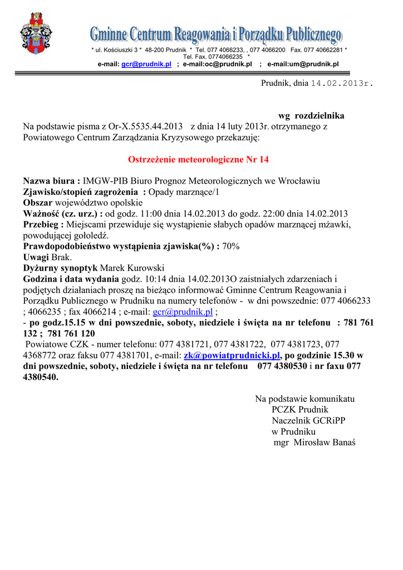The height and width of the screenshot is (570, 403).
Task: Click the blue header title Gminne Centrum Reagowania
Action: tap(215, 36)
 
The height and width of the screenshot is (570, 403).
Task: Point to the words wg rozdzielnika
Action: tap(311, 116)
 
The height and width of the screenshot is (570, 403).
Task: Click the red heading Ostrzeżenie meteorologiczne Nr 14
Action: tap(199, 160)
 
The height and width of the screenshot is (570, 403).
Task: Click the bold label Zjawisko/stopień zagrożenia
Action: tap(84, 192)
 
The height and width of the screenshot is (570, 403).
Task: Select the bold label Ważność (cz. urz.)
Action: tap(62, 214)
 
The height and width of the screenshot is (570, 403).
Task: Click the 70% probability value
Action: tap(231, 246)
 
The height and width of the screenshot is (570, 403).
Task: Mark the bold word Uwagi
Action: tap(36, 257)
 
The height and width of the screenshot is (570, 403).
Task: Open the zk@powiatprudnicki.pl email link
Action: tap(232, 355)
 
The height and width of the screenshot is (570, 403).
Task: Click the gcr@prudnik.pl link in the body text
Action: tap(183, 312)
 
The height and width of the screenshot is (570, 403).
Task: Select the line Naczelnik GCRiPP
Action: tap(308, 421)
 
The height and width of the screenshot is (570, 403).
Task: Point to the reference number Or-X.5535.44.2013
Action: tap(142, 127)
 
